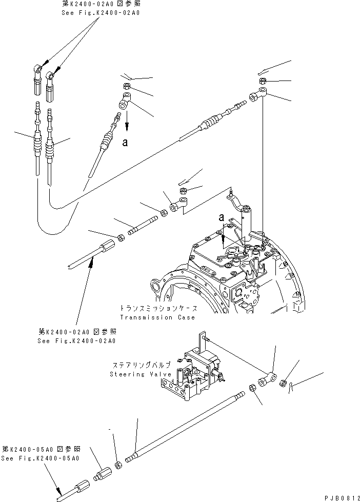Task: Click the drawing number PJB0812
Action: pyautogui.click(x=339, y=497)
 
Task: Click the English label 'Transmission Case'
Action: pyautogui.click(x=157, y=317)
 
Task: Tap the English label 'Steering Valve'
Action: pyautogui.click(x=134, y=374)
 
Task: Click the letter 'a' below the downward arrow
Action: pyautogui.click(x=125, y=144)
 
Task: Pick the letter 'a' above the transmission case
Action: pyautogui.click(x=222, y=217)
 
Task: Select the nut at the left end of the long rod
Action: pyautogui.click(x=117, y=464)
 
